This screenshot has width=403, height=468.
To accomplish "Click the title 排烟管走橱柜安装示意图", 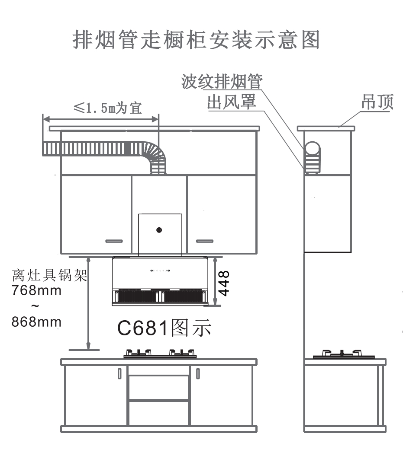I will tap(197, 40).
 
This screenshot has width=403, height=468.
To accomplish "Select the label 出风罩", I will tap(232, 102).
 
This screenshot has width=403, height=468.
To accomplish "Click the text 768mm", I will tap(36, 290).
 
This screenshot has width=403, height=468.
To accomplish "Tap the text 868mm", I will tap(36, 322).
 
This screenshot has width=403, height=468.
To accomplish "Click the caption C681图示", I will tap(164, 329).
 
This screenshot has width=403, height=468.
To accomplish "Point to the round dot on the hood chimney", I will tap(159, 230).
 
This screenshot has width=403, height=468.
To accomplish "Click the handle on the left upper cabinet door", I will tap(114, 241).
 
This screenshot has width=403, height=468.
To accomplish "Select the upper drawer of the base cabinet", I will tap(159, 388).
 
